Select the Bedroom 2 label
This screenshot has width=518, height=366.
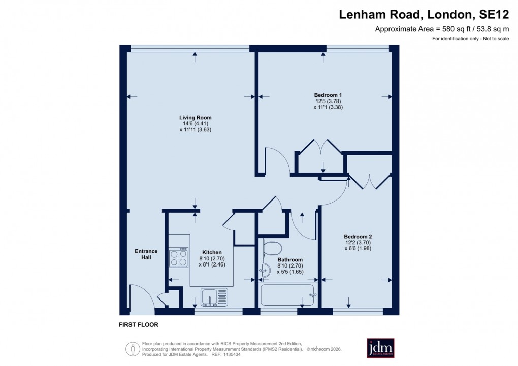[x=358, y=236]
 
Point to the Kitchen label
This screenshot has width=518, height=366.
[x=212, y=252]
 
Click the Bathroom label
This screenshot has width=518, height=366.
[x=290, y=259]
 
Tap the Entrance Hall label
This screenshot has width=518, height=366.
[x=146, y=254]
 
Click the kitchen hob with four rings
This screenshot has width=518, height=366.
[x=179, y=258]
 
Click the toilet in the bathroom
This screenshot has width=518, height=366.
[x=272, y=249]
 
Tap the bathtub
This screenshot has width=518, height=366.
[x=287, y=295]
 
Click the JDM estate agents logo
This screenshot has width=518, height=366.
[x=381, y=348]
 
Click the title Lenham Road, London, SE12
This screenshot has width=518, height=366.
[x=424, y=15]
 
